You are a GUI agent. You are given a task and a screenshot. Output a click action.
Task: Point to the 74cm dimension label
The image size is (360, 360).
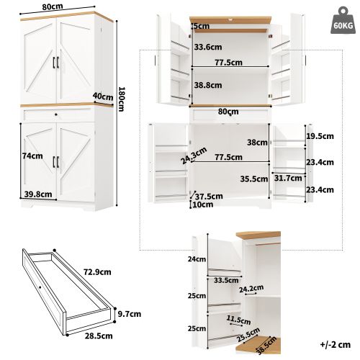[30, 156]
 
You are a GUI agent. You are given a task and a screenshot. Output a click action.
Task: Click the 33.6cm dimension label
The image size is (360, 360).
[207, 48]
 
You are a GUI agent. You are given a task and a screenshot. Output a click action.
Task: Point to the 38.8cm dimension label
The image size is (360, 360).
[207, 84]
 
